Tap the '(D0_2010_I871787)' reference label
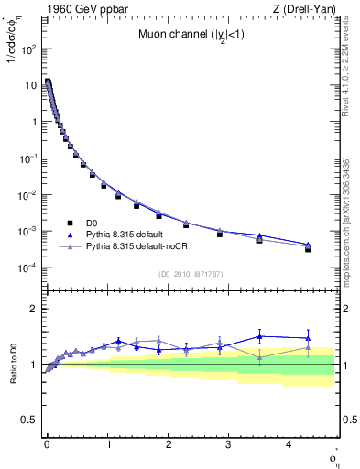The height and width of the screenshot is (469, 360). [190, 274]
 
